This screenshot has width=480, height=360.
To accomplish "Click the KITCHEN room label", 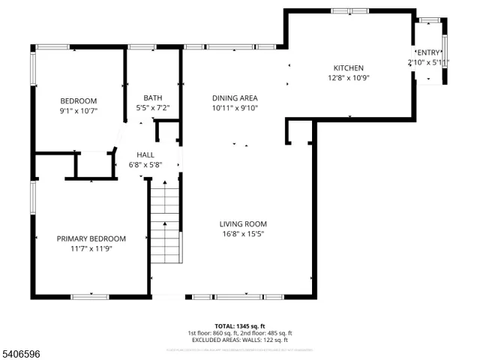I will [x=349, y=68].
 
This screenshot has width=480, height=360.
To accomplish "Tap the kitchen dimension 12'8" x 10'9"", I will [x=349, y=78].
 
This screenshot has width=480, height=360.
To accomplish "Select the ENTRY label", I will [x=428, y=52].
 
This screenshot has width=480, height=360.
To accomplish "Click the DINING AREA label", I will [x=235, y=98].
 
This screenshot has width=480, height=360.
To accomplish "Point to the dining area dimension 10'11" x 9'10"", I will [x=235, y=108].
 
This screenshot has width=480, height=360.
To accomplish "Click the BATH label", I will [x=152, y=98].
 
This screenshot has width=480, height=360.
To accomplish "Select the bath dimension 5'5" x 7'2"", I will [x=152, y=108].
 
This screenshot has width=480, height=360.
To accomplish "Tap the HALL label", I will [x=145, y=154].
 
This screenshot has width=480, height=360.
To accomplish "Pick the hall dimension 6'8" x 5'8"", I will [x=145, y=164].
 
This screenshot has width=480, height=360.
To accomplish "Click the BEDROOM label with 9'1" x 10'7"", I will [x=79, y=101].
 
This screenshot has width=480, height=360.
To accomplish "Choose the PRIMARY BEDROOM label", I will [x=91, y=238].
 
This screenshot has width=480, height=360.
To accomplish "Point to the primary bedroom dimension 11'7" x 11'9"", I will [x=91, y=249].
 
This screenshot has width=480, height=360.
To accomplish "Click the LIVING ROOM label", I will [x=243, y=223].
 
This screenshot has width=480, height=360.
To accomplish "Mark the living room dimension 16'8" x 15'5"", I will [x=243, y=234].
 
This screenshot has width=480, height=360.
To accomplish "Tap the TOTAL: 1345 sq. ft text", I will [x=240, y=325].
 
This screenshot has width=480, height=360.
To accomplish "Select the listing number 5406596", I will [x=22, y=350].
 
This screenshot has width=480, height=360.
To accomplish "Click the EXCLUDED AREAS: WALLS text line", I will [x=240, y=340].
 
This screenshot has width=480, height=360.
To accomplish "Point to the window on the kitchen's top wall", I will [x=349, y=10].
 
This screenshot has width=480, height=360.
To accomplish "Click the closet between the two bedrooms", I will [x=93, y=166].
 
